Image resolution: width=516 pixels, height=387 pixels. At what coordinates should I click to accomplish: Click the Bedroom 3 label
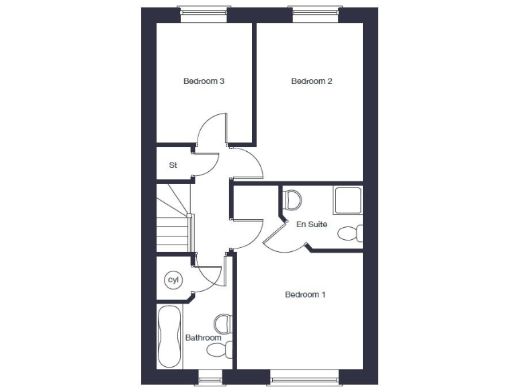click(x=204, y=81)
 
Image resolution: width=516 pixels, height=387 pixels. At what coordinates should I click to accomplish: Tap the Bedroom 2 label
click(x=312, y=81)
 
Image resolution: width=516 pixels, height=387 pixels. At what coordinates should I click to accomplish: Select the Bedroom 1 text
click(x=305, y=294)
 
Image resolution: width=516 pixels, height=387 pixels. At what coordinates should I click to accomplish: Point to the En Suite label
click(x=312, y=224)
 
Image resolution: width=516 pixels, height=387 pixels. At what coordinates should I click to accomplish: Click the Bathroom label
click(x=203, y=337)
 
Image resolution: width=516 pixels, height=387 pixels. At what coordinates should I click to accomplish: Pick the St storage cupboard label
click(x=173, y=165)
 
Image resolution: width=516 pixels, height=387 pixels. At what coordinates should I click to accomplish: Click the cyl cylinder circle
click(x=173, y=279)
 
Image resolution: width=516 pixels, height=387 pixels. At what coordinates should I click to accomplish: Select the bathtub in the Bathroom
click(x=169, y=337)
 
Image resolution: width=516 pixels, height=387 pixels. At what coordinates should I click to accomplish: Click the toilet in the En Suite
click(x=292, y=199)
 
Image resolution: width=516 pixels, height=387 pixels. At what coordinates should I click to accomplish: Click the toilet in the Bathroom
click(x=223, y=324)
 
